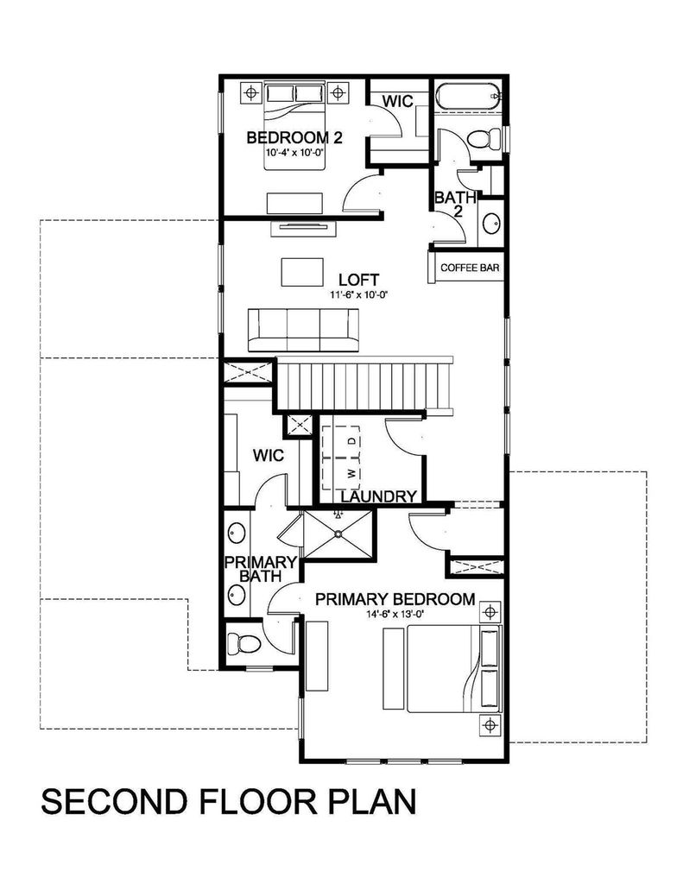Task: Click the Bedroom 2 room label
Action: [295, 137]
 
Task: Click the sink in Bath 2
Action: [490, 224]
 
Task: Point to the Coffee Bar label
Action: [470, 268]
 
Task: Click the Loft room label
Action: [358, 280]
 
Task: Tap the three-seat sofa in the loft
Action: [303, 330]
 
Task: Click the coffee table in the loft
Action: [302, 272]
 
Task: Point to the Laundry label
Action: [379, 496]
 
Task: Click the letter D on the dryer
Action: [352, 440]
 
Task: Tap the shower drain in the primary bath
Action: [338, 534]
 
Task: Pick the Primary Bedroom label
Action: [395, 599]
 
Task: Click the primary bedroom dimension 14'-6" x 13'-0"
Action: [395, 615]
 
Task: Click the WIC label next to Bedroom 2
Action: [397, 102]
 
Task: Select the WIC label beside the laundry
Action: [269, 456]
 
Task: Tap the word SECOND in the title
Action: [114, 801]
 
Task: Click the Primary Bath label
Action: [261, 569]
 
